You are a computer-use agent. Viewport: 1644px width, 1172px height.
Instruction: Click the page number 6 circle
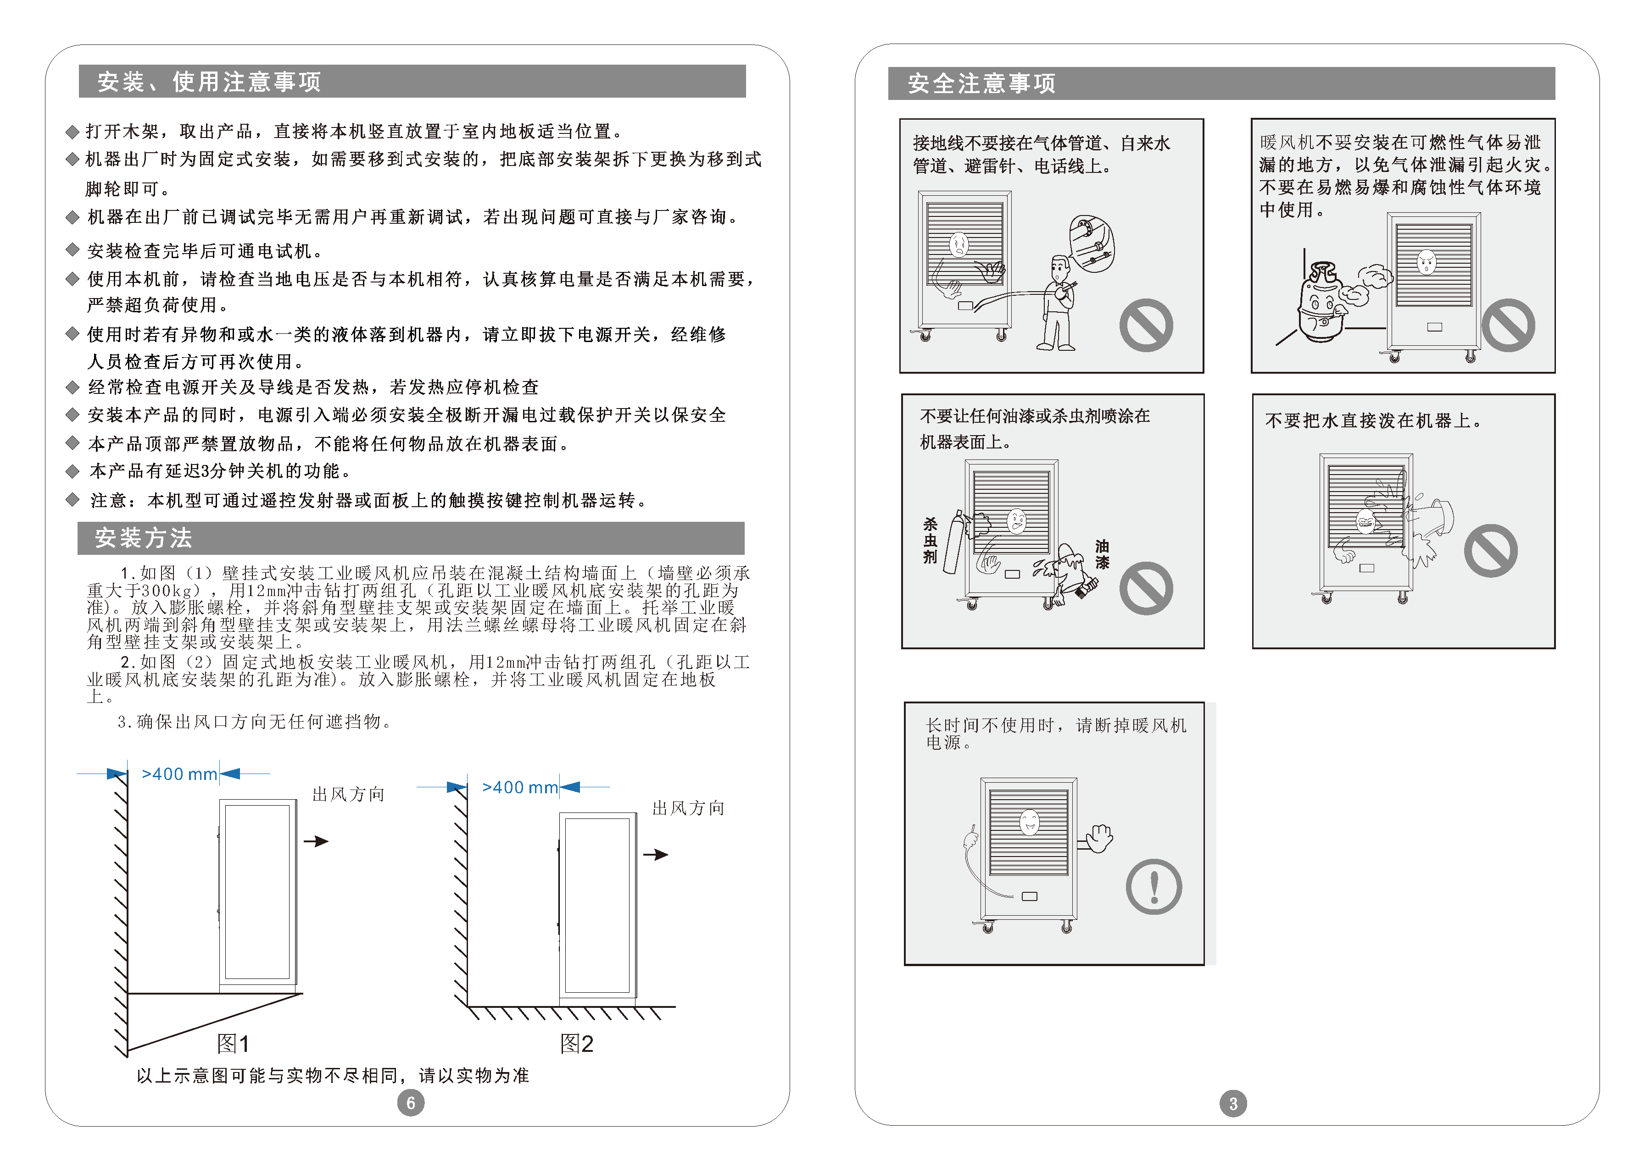(x=411, y=1103)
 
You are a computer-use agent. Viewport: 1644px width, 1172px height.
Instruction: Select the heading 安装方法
(x=144, y=538)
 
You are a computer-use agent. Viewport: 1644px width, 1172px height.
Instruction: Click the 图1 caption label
(x=233, y=1044)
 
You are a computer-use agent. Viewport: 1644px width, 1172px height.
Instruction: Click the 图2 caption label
(x=576, y=1044)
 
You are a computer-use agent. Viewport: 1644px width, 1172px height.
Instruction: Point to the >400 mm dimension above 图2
(x=520, y=787)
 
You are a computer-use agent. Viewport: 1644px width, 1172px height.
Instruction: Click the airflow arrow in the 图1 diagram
(x=316, y=841)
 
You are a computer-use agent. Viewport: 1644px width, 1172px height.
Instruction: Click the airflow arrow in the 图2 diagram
(x=656, y=854)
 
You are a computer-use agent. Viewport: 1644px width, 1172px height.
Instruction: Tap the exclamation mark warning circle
(x=1154, y=887)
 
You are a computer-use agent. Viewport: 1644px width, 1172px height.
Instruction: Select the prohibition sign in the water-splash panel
(x=1490, y=551)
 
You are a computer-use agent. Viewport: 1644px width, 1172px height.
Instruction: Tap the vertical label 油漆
(x=1102, y=554)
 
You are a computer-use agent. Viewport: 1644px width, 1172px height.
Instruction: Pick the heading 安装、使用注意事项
(x=209, y=82)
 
